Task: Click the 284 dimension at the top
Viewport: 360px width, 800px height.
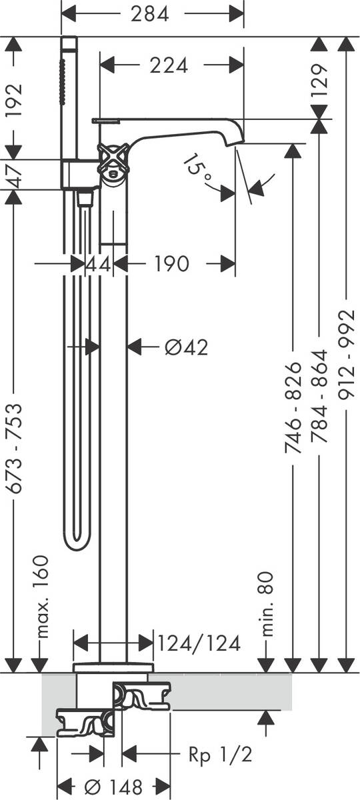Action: coord(149,13)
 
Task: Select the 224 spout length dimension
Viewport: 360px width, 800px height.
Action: coord(169,65)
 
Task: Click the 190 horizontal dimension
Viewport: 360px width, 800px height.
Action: coord(171,264)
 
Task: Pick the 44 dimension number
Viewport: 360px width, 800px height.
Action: coord(98,264)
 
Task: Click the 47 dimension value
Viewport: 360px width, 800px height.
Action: coord(14,175)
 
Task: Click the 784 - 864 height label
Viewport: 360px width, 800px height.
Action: coord(320,398)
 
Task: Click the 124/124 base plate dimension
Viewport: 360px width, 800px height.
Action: coord(199,643)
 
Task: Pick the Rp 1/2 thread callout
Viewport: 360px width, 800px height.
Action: coord(221,755)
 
